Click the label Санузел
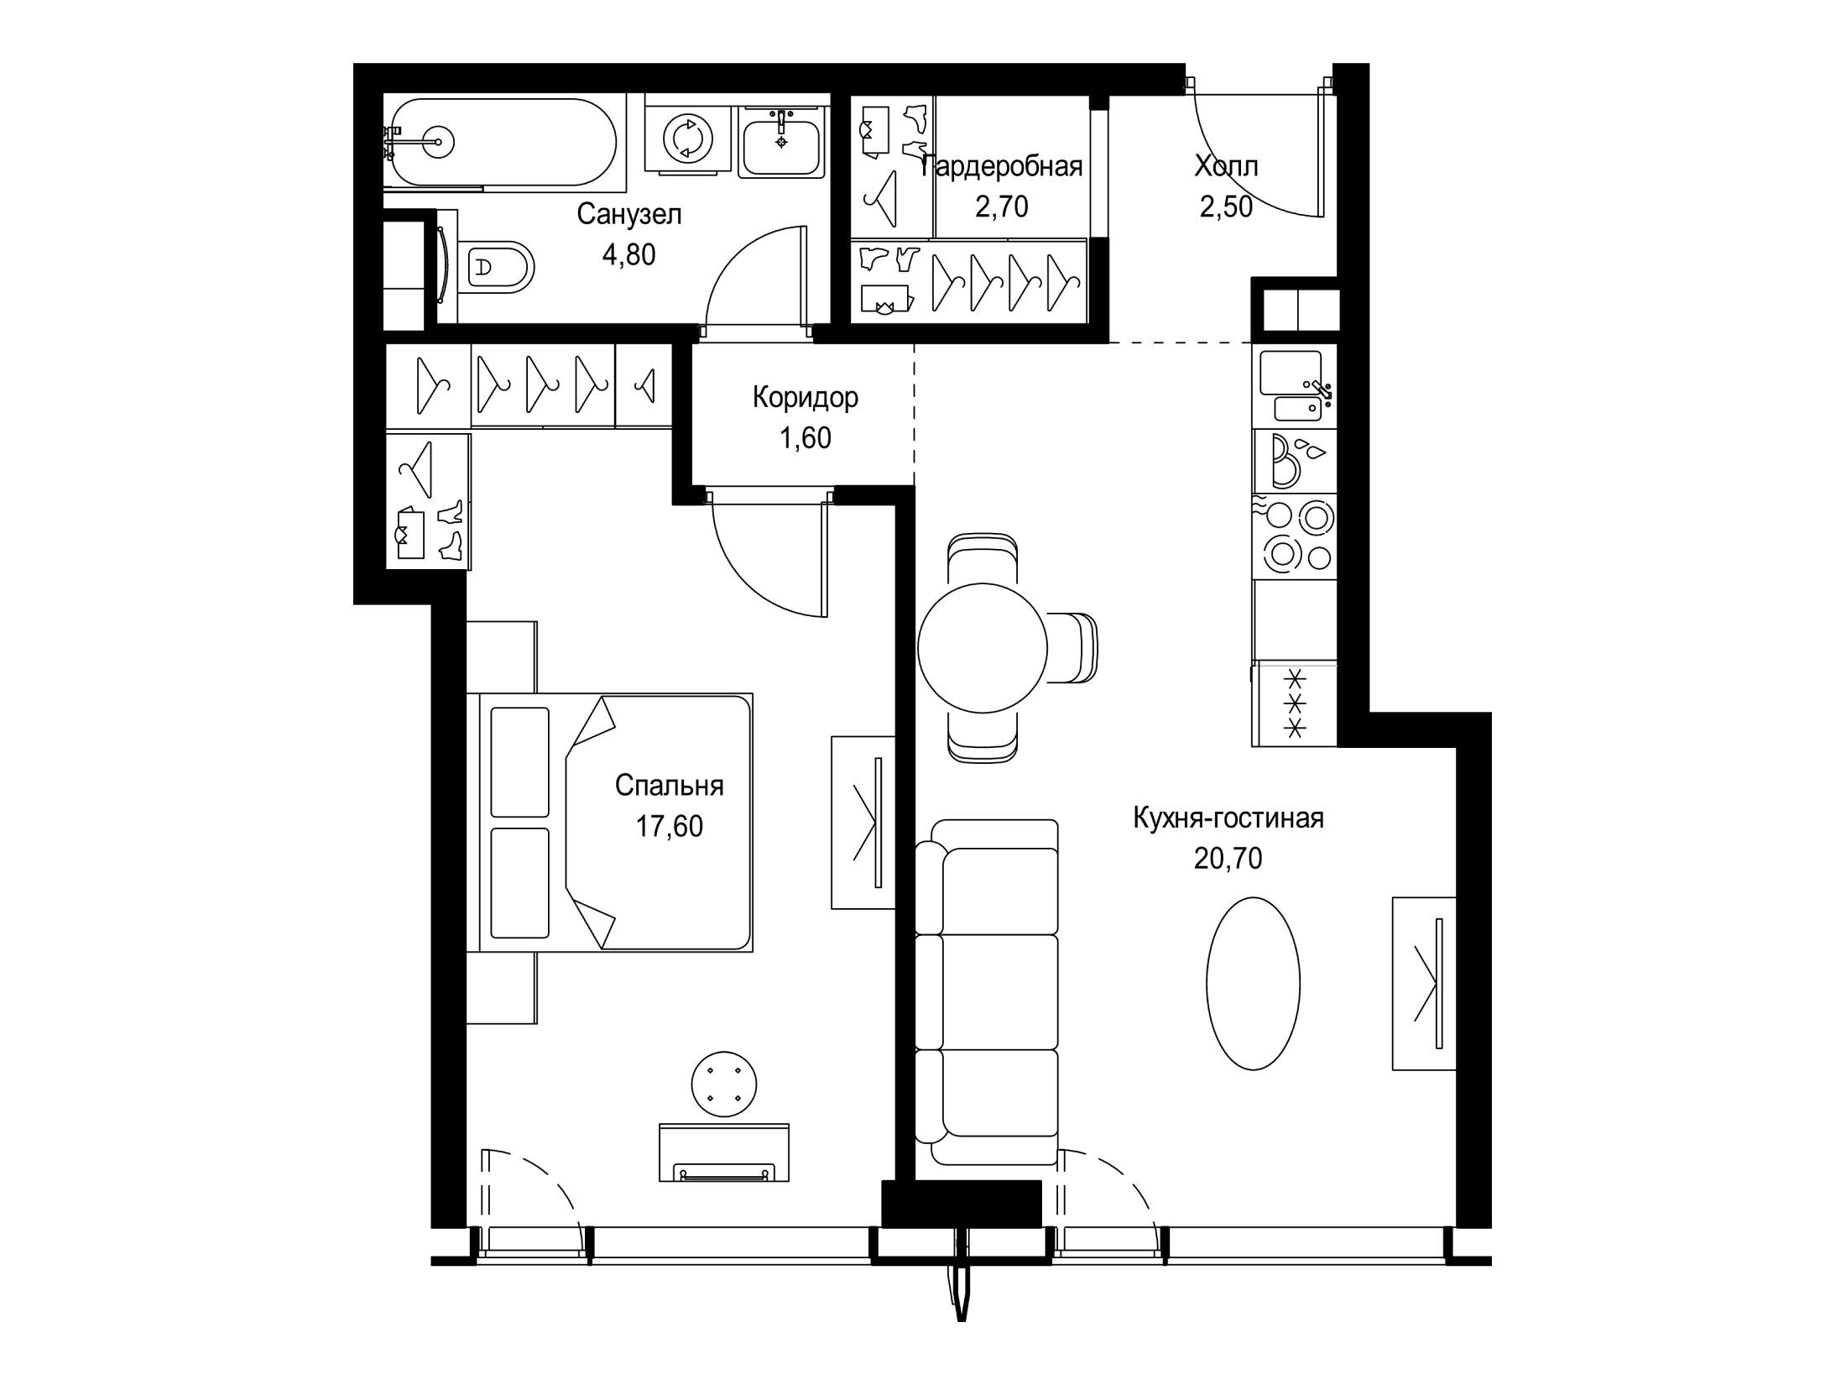pos(629,215)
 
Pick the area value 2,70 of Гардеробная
pos(1002,206)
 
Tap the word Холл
pos(1226,166)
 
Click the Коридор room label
pos(805,397)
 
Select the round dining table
pos(983,646)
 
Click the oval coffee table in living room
pos(1254,984)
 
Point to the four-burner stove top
pos(1295,535)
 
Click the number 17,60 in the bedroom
pos(669,827)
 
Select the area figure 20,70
pos(1228,858)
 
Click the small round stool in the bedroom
pos(724,1084)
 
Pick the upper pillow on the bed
pos(519,762)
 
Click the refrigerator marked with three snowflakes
pos(1295,703)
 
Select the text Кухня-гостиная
pos(1228,818)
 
